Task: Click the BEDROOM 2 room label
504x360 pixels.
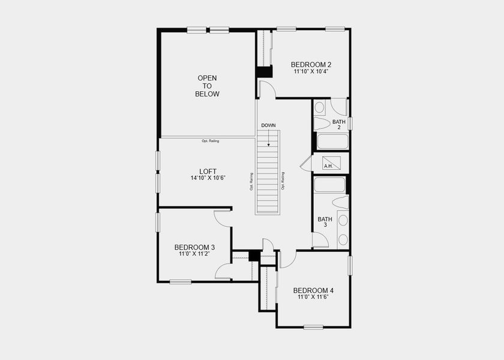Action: tap(311, 65)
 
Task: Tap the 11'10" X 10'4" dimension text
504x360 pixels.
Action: tap(311, 71)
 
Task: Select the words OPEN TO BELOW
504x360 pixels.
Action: tap(208, 86)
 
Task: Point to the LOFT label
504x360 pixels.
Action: tap(208, 171)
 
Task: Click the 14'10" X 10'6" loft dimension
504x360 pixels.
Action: tap(208, 178)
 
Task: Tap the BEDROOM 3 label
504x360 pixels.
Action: tap(194, 247)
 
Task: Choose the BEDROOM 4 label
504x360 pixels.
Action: tap(313, 290)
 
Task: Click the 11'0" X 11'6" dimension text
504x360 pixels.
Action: tap(313, 297)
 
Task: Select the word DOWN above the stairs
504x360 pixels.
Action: tap(268, 125)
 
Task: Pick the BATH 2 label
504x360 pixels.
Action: tap(339, 124)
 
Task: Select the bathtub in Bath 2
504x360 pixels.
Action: tap(331, 142)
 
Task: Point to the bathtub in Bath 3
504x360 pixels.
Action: tap(329, 184)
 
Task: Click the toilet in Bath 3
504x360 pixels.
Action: tap(340, 202)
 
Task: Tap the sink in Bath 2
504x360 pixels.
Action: tap(320, 107)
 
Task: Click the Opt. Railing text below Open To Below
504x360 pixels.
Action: tap(210, 141)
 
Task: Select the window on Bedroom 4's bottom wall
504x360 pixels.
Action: tap(313, 327)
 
